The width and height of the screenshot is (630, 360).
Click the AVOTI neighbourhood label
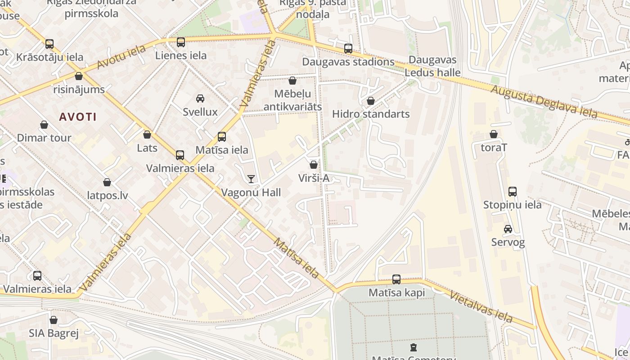[x=78, y=117]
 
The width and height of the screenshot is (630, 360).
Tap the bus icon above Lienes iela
[x=180, y=42]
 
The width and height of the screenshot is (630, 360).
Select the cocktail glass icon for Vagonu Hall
[x=251, y=179]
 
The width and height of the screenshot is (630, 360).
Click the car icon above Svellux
[x=200, y=98]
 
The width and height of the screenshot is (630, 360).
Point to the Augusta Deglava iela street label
[x=544, y=101]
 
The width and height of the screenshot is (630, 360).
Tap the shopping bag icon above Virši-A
[x=314, y=165]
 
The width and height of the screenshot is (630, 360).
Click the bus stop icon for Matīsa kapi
[x=396, y=279]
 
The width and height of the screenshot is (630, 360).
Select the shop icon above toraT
[x=494, y=134]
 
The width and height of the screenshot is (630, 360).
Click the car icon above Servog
[x=508, y=229]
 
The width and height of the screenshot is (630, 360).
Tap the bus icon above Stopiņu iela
[x=512, y=192]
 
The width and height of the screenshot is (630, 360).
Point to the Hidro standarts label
[x=371, y=114]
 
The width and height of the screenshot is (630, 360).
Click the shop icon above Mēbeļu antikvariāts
[x=292, y=81]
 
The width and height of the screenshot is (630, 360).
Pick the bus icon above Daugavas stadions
[x=348, y=49]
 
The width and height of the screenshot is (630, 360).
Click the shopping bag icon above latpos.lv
[x=107, y=182]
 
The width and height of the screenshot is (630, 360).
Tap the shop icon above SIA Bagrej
[x=54, y=320]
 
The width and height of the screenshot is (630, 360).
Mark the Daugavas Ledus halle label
[x=432, y=66]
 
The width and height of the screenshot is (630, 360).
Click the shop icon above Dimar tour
[x=44, y=125]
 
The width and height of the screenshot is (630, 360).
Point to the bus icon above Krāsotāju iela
[x=49, y=44]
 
